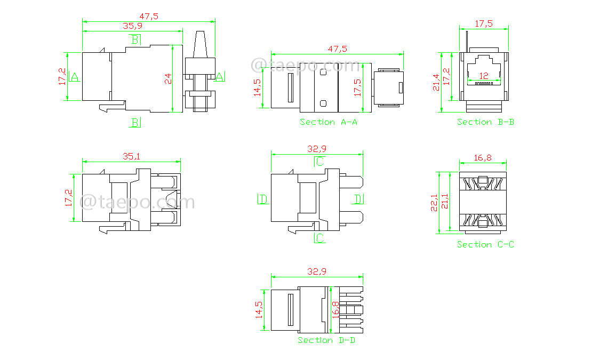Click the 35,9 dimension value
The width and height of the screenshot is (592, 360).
pyautogui.click(x=133, y=26)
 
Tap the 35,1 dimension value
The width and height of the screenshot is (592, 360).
pyautogui.click(x=132, y=156)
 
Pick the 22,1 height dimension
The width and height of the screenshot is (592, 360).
pyautogui.click(x=434, y=202)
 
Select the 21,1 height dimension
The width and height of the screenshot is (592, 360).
pyautogui.click(x=444, y=202)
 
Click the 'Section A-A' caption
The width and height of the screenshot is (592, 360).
pyautogui.click(x=329, y=122)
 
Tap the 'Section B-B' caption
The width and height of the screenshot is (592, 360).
pyautogui.click(x=485, y=122)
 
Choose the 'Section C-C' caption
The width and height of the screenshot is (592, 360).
pyautogui.click(x=485, y=244)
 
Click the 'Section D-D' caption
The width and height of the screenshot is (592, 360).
pyautogui.click(x=326, y=340)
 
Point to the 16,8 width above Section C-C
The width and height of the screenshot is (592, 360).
pyautogui.click(x=483, y=157)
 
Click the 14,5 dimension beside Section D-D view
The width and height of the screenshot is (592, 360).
pyautogui.click(x=259, y=310)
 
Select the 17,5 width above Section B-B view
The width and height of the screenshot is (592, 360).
pyautogui.click(x=483, y=23)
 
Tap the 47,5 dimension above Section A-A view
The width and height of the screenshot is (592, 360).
pyautogui.click(x=337, y=49)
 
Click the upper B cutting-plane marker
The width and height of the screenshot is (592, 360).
pyautogui.click(x=135, y=39)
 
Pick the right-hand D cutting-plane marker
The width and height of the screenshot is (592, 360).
pyautogui.click(x=359, y=199)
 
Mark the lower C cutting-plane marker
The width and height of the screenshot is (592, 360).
pyautogui.click(x=319, y=238)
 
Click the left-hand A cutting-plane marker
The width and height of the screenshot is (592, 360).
pyautogui.click(x=74, y=77)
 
